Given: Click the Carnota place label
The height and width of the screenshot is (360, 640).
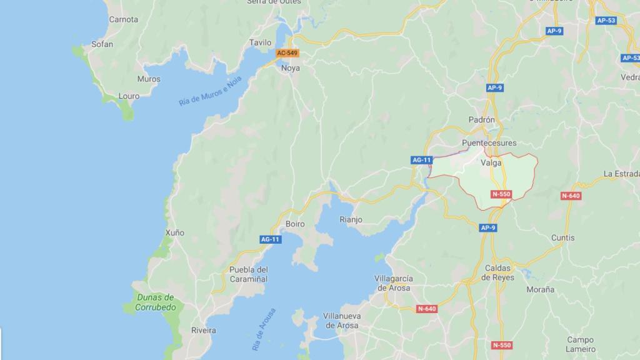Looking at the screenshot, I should click(123, 19).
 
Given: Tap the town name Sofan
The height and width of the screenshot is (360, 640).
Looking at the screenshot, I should click(102, 44).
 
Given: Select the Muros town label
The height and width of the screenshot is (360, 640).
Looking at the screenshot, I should click(149, 79).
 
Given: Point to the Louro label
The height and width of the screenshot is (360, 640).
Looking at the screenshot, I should click(129, 96).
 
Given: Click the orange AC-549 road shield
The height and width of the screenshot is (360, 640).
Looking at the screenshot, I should click(287, 53).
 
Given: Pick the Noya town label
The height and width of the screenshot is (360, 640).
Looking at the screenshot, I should click(291, 67).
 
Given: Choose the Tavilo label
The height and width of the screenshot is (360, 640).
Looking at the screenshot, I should click(260, 42).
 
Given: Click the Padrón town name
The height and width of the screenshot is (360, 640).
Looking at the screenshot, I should click(481, 119).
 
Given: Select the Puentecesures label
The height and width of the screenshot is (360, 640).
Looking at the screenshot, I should click(485, 143).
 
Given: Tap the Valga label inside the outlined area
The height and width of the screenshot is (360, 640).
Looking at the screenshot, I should click(491, 163).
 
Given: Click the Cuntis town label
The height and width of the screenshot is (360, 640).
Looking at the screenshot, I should click(562, 237).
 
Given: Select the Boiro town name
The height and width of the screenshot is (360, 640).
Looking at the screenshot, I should click(295, 223).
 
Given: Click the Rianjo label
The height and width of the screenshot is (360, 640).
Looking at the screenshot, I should click(351, 219).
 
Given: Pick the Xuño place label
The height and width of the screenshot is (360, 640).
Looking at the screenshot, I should click(175, 232).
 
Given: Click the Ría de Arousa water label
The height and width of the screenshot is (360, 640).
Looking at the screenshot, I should click(264, 328).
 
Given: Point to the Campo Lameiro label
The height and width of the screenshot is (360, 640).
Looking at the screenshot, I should click(581, 344).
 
